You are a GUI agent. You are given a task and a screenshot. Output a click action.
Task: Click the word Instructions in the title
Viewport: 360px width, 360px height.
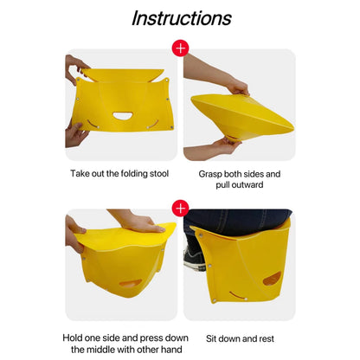pyautogui.click(x=181, y=18)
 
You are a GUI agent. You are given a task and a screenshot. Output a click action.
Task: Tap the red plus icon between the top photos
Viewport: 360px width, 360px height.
pyautogui.click(x=180, y=48)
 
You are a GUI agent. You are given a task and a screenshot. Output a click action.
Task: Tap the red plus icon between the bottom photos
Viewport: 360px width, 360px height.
pyautogui.click(x=180, y=209)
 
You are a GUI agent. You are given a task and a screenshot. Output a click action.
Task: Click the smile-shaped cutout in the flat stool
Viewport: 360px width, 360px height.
pyautogui.click(x=123, y=116)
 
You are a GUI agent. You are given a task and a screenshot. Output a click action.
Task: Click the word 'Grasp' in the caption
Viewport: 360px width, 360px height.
pyautogui.click(x=215, y=174)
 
